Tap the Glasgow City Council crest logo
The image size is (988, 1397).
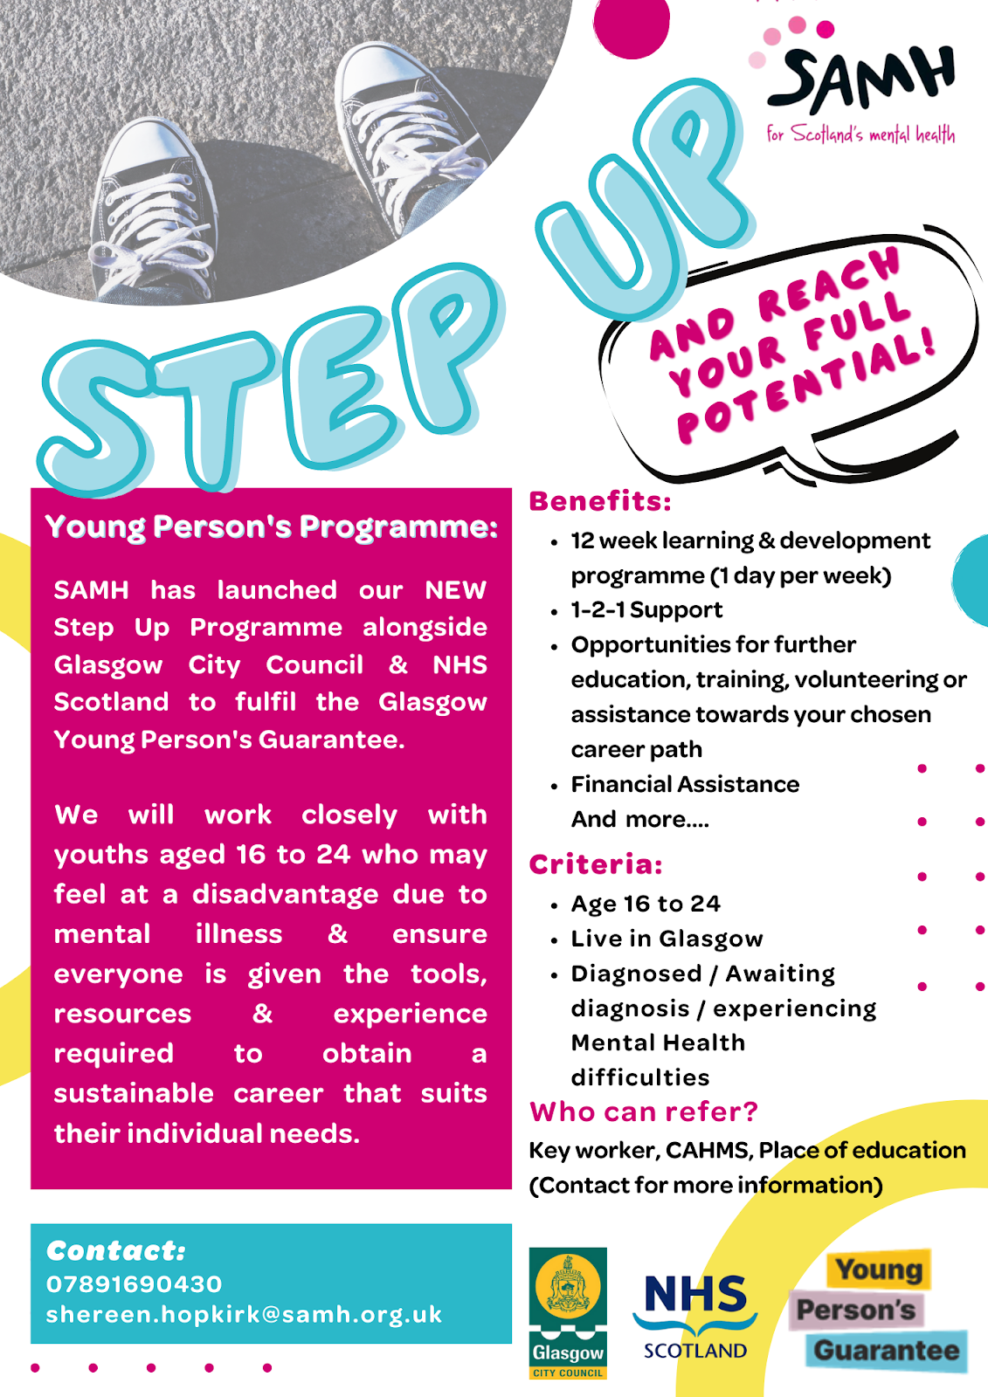tap(568, 1312)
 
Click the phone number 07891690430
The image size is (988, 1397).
tap(134, 1283)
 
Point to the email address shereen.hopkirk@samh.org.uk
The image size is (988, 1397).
tap(244, 1314)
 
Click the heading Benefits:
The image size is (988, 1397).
tap(600, 501)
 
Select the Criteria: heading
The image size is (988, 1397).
tap(596, 864)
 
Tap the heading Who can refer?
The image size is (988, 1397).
tap(644, 1111)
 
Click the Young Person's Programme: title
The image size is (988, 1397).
tap(271, 526)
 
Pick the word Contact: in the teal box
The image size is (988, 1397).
tap(116, 1250)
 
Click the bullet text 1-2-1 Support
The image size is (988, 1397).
tap(646, 609)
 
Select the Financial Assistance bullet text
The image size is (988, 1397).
tap(685, 784)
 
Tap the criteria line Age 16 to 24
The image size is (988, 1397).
tap(646, 904)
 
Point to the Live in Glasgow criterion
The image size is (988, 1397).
tap(667, 939)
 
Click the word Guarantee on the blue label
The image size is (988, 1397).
tap(886, 1350)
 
